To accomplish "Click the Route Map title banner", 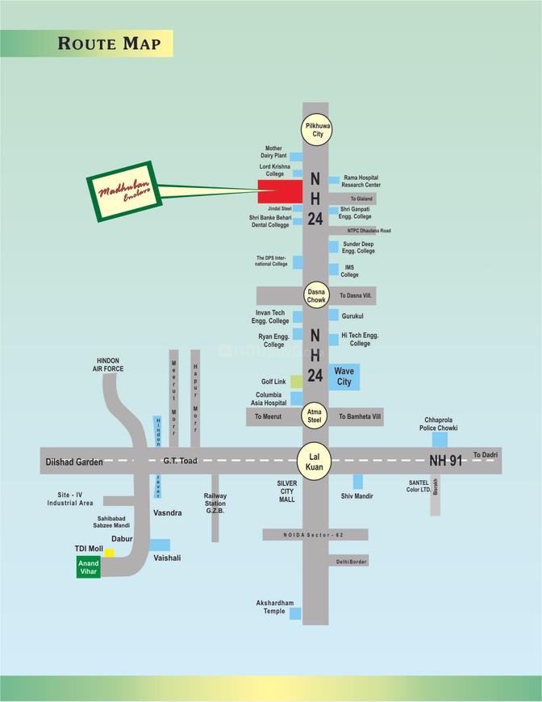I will (x=109, y=43).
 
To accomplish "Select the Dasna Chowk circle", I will (x=315, y=295).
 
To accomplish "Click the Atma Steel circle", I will (x=315, y=416).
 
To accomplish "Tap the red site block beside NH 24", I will (x=279, y=192).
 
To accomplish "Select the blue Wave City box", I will (x=344, y=376).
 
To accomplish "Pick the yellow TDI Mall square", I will (x=109, y=553).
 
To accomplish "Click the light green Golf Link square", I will (x=297, y=381).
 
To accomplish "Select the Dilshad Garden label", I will (x=72, y=462).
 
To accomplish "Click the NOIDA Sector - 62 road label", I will (x=315, y=534).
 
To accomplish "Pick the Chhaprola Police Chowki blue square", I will (x=440, y=439).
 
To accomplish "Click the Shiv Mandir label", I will (x=356, y=496).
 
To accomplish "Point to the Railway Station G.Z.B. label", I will (x=215, y=504).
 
